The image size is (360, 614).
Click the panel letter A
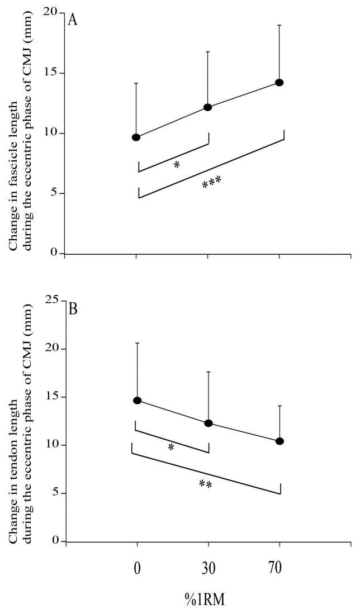pos(72,20)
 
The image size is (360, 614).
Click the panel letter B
pos(73,309)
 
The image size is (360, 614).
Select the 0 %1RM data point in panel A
pos(136,137)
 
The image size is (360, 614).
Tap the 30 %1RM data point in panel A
pos(208,107)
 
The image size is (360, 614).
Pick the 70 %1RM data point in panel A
pos(280,82)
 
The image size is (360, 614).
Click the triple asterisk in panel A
pos(211,182)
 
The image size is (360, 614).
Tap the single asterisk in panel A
pos(177,165)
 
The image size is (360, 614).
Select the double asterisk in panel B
pos(205,484)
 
